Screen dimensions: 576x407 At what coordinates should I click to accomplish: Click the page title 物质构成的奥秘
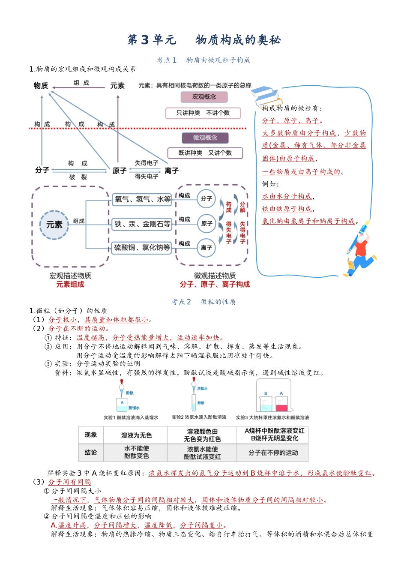click(238, 40)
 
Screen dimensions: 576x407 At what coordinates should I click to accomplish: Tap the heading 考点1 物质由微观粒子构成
click(203, 60)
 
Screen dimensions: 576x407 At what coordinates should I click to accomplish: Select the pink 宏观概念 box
click(204, 97)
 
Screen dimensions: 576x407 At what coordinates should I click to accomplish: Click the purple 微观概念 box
click(205, 138)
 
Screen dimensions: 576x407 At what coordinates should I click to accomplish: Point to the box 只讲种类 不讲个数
click(203, 113)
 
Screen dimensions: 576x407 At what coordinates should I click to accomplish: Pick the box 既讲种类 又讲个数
click(205, 153)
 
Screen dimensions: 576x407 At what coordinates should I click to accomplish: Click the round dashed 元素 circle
click(54, 225)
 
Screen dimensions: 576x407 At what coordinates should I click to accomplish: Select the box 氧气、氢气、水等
click(142, 199)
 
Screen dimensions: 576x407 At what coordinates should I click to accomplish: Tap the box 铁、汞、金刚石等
click(142, 224)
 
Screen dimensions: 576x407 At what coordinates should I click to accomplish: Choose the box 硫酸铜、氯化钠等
click(142, 248)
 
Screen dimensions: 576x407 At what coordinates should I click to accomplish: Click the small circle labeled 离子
click(206, 248)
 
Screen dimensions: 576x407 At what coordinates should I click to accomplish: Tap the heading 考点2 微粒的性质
click(203, 302)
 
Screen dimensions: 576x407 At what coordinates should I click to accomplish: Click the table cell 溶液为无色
click(136, 435)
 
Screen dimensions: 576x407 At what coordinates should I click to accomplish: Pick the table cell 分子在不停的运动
click(273, 453)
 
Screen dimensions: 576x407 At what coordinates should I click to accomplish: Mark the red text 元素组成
click(70, 285)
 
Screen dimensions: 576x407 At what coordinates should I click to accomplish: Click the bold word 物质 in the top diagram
click(41, 86)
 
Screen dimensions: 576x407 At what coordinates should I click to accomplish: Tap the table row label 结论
click(90, 453)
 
